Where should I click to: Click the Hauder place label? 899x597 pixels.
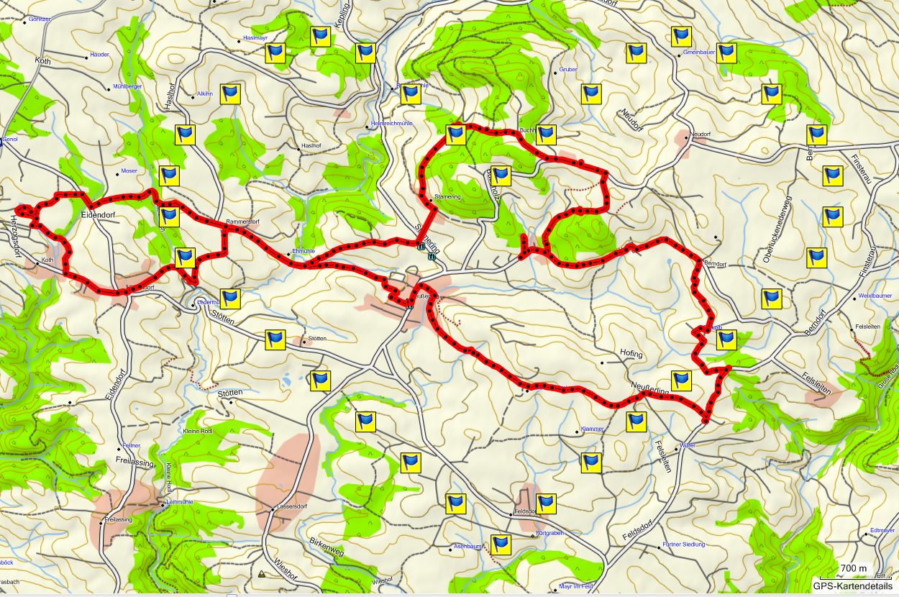click(x=100, y=55)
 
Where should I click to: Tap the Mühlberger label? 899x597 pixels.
click(x=127, y=86)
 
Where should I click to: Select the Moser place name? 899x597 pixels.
click(x=129, y=171)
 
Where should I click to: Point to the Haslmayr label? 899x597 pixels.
click(x=256, y=37)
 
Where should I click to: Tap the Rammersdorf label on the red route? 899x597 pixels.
click(x=242, y=222)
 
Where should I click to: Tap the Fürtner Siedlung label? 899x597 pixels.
click(x=683, y=544)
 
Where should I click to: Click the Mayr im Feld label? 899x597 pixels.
click(x=576, y=586)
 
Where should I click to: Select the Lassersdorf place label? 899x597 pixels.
click(x=292, y=506)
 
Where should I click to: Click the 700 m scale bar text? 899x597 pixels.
click(x=854, y=569)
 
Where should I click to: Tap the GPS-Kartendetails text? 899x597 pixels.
click(x=853, y=586)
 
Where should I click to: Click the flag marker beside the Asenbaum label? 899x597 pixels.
click(x=501, y=544)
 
